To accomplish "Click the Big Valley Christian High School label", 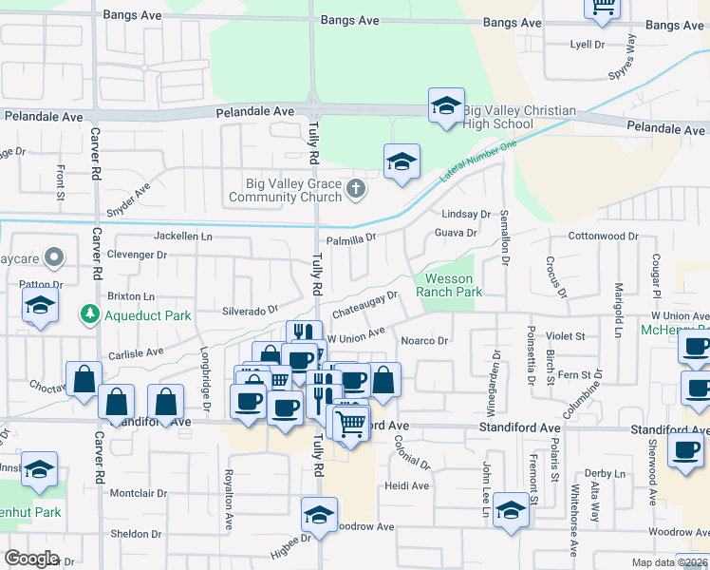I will pos(518,118).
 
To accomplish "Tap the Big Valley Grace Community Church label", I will pos(285,191).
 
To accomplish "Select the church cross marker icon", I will pos(356,188).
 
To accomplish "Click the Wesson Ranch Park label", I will pos(450,285).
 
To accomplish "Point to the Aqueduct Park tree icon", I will pos(89,313).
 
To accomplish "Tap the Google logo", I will pos(31,559).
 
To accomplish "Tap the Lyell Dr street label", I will pos(587,45).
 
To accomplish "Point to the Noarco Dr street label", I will pos(424,340).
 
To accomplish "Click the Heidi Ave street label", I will pos(407,485).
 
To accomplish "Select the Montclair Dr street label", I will pos(139,494).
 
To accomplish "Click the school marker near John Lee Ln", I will pos(511,513).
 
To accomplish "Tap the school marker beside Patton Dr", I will pos(40,306).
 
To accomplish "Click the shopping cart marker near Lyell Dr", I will pos(602,8).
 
